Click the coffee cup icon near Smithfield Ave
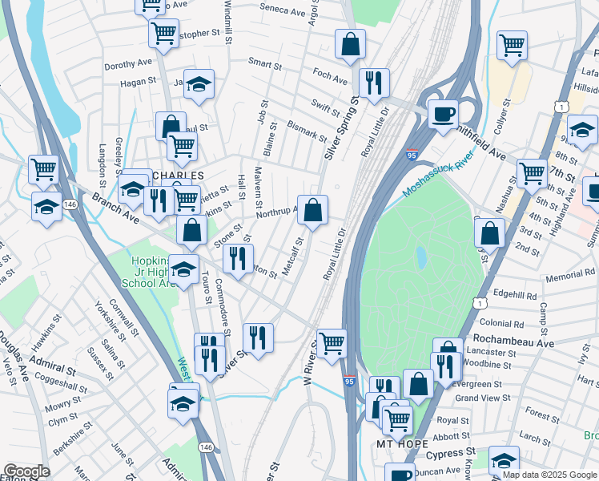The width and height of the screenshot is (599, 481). [x=442, y=113]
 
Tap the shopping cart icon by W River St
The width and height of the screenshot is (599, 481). [x=332, y=344]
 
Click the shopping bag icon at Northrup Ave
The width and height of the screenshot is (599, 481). [x=312, y=210]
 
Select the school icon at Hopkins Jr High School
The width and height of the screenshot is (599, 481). [x=184, y=270]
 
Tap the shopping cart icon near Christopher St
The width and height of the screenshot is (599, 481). [x=163, y=34]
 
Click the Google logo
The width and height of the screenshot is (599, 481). [x=26, y=471]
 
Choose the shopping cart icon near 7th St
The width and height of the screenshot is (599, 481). [x=532, y=172]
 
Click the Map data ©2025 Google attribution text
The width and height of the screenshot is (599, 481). [x=549, y=475]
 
